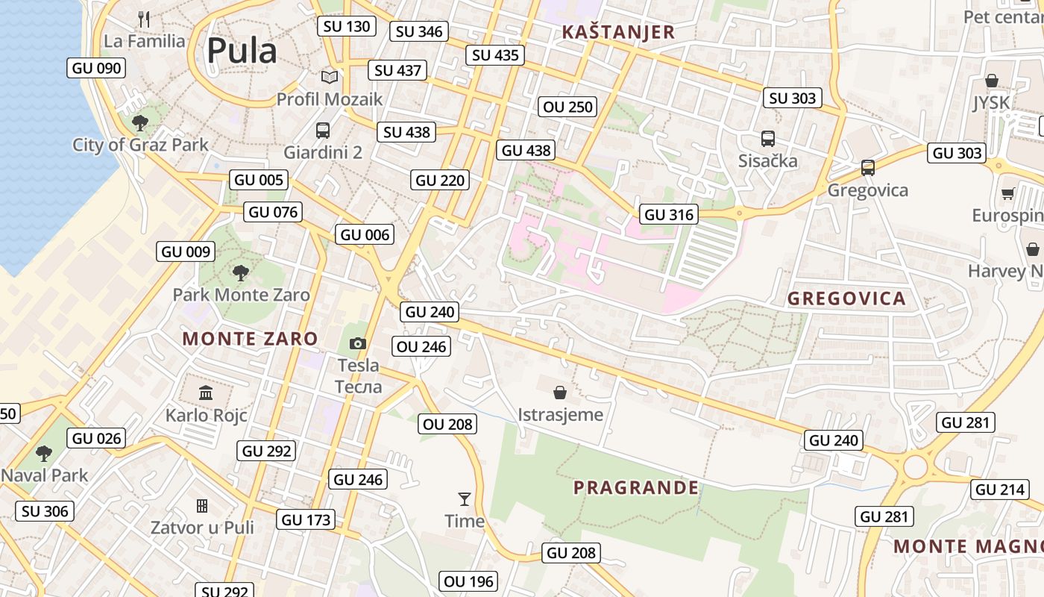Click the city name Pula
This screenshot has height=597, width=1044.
click(242, 51)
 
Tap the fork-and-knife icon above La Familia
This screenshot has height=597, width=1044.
click(144, 19)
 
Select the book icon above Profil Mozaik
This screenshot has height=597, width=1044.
click(329, 77)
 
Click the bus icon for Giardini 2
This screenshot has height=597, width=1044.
click(323, 131)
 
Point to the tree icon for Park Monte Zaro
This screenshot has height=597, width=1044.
click(240, 273)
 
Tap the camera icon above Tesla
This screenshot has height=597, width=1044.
click(358, 343)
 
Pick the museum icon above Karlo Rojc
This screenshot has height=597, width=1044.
click(206, 393)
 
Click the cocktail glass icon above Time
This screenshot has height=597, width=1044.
click(465, 498)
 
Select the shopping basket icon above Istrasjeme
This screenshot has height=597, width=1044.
click(560, 393)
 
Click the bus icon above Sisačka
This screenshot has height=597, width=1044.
click(767, 139)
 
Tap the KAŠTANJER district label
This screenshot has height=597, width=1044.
click(618, 32)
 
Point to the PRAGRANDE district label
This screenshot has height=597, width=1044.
click(636, 488)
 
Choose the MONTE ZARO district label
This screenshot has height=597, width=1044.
click(250, 339)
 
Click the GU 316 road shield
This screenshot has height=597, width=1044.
click(669, 215)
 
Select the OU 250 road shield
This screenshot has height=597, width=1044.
click(568, 107)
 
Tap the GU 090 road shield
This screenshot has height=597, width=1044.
click(96, 68)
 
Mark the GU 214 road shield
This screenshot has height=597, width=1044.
click(1000, 490)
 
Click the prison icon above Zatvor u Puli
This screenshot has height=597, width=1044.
click(202, 506)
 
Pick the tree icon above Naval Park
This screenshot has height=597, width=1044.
click(44, 453)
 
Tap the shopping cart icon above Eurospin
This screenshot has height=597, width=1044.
click(1007, 194)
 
